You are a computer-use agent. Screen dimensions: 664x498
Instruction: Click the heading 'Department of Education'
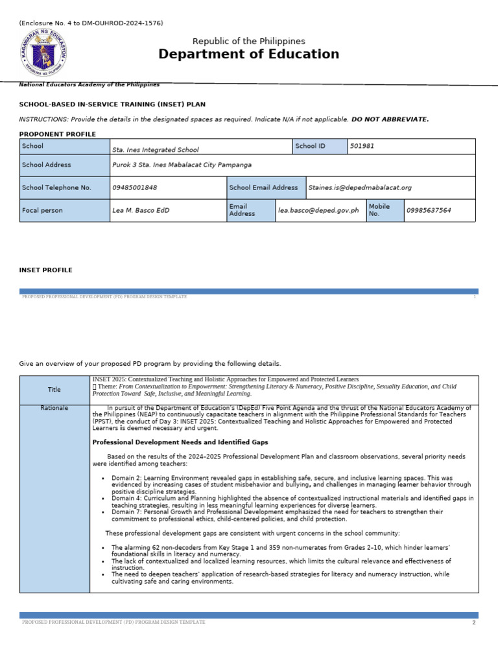click(x=248, y=54)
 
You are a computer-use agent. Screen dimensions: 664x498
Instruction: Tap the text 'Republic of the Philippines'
click(x=248, y=41)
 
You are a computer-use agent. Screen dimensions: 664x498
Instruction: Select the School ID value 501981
click(x=362, y=147)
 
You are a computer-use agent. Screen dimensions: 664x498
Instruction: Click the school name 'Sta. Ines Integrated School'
click(x=156, y=150)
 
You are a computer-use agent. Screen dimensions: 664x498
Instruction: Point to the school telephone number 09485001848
click(x=135, y=188)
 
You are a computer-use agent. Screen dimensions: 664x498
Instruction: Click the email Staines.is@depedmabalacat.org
click(x=360, y=188)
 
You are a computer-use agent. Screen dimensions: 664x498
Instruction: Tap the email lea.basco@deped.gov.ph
click(x=318, y=211)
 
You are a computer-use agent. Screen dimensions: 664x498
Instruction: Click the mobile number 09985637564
click(x=429, y=211)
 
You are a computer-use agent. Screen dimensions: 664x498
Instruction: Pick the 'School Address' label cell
click(x=47, y=165)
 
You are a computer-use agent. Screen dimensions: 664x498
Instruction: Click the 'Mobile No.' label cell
click(x=379, y=210)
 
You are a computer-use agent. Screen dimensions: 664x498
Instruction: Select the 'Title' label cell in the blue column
click(x=54, y=390)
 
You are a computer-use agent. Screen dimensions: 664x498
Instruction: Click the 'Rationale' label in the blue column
click(x=54, y=409)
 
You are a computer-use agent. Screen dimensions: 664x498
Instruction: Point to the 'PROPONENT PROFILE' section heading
click(x=58, y=134)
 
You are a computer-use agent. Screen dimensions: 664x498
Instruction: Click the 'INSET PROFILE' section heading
click(x=46, y=270)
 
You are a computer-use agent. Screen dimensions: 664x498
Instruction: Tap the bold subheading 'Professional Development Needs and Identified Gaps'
click(x=180, y=442)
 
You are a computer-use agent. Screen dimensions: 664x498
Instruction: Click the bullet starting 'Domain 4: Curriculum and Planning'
click(x=292, y=501)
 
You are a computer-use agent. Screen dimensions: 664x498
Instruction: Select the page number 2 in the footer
click(x=474, y=622)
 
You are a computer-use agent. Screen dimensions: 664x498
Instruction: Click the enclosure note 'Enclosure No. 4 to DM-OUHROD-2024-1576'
click(x=91, y=23)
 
